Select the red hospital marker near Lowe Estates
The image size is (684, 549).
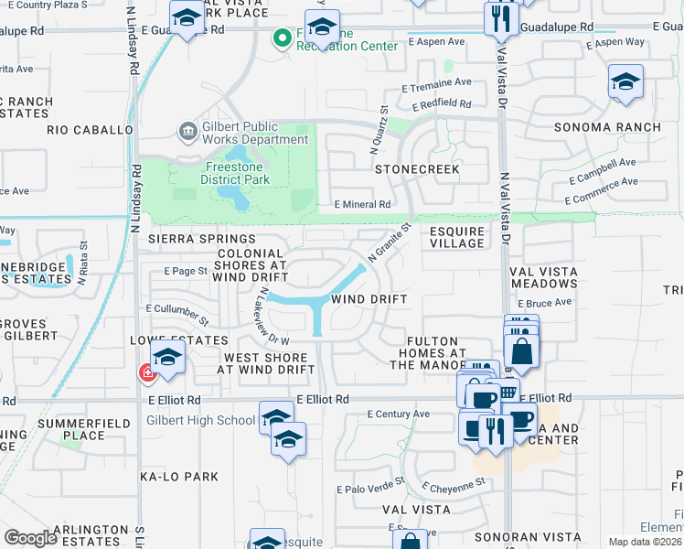click(x=145, y=372)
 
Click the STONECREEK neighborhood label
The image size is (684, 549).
click(x=416, y=170)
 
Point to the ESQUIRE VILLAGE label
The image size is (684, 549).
click(x=457, y=237)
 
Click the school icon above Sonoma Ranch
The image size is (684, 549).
click(x=625, y=83)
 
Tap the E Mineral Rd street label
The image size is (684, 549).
click(x=362, y=205)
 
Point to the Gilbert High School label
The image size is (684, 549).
click(x=199, y=421)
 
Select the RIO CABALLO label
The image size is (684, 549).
click(x=91, y=130)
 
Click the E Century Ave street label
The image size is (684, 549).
click(x=398, y=414)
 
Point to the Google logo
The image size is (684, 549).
click(x=30, y=537)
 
